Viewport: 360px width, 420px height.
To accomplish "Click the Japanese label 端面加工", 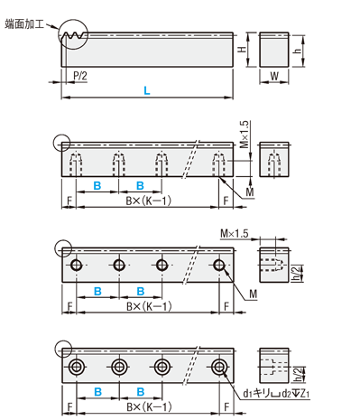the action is [24, 24].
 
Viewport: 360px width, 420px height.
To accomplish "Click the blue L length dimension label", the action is [147, 90].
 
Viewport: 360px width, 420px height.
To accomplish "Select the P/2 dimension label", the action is [80, 75].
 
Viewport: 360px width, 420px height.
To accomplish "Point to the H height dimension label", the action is [243, 49].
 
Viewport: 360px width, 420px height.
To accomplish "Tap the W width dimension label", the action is [274, 76].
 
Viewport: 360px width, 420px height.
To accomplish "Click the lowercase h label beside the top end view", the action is [297, 50].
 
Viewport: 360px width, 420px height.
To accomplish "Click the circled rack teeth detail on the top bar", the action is [73, 34].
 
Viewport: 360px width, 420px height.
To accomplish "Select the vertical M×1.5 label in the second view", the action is [245, 135].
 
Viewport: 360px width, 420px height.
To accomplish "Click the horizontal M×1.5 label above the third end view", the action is [235, 233].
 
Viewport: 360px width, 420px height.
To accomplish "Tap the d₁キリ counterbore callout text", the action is [276, 394].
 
